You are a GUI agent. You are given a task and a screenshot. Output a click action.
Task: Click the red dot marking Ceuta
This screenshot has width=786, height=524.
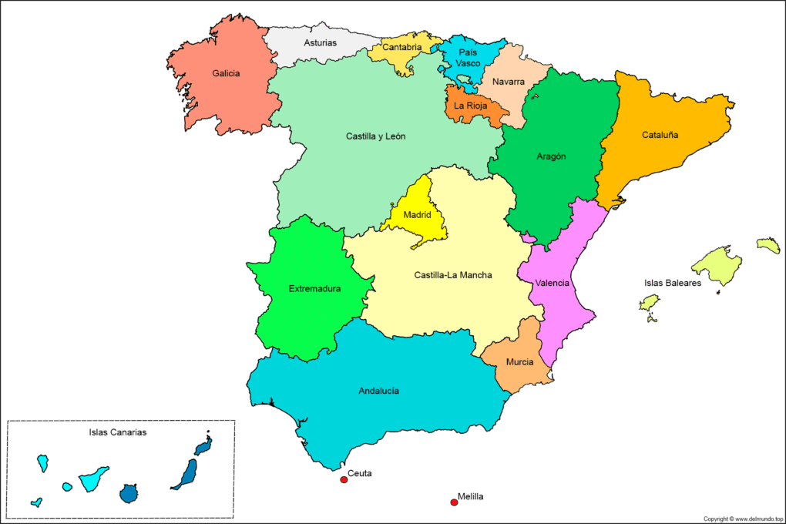click(344, 480)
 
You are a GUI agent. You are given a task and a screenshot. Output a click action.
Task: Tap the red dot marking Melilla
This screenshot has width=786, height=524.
click(454, 502)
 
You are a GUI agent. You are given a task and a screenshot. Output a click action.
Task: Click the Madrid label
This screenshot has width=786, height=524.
click(417, 215)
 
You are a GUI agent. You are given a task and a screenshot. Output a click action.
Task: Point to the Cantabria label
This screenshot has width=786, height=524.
click(402, 47)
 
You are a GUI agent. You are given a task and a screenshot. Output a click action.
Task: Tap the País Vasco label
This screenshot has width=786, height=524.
click(469, 57)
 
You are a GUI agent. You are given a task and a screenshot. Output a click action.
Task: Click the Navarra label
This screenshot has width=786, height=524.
click(509, 82)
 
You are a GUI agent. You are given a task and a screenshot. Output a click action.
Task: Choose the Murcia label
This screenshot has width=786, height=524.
click(520, 362)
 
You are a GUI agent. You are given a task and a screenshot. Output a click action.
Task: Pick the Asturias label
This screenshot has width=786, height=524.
click(320, 42)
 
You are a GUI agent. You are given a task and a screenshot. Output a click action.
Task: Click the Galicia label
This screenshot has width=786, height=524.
click(226, 74)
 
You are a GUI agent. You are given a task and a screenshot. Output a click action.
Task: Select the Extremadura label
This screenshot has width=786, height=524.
click(314, 289)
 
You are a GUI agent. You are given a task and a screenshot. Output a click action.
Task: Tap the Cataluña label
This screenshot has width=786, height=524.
click(660, 135)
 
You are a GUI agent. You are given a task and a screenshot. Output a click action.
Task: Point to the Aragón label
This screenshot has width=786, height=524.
click(551, 156)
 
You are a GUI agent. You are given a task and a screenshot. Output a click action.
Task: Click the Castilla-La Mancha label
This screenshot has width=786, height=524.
click(453, 275)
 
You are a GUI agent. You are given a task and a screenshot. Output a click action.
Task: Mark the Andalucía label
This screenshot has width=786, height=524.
click(378, 391)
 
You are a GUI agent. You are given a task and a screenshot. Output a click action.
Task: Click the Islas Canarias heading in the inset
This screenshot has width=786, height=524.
click(118, 432)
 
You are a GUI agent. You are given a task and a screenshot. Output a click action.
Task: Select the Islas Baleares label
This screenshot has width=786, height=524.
click(673, 284)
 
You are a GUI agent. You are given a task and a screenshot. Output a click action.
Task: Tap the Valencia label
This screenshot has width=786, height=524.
click(552, 283)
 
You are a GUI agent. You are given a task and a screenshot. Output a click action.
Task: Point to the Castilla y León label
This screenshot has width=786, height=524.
click(375, 136)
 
